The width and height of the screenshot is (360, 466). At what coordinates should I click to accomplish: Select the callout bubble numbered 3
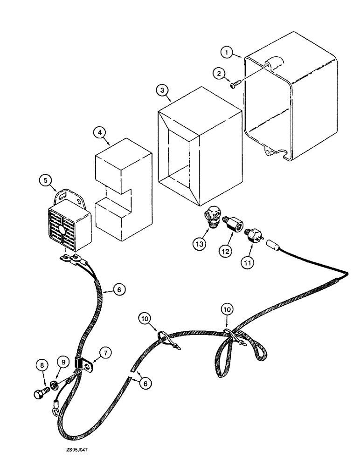click(x=162, y=90)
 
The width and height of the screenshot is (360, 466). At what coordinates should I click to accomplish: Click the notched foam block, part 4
click(x=124, y=191)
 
